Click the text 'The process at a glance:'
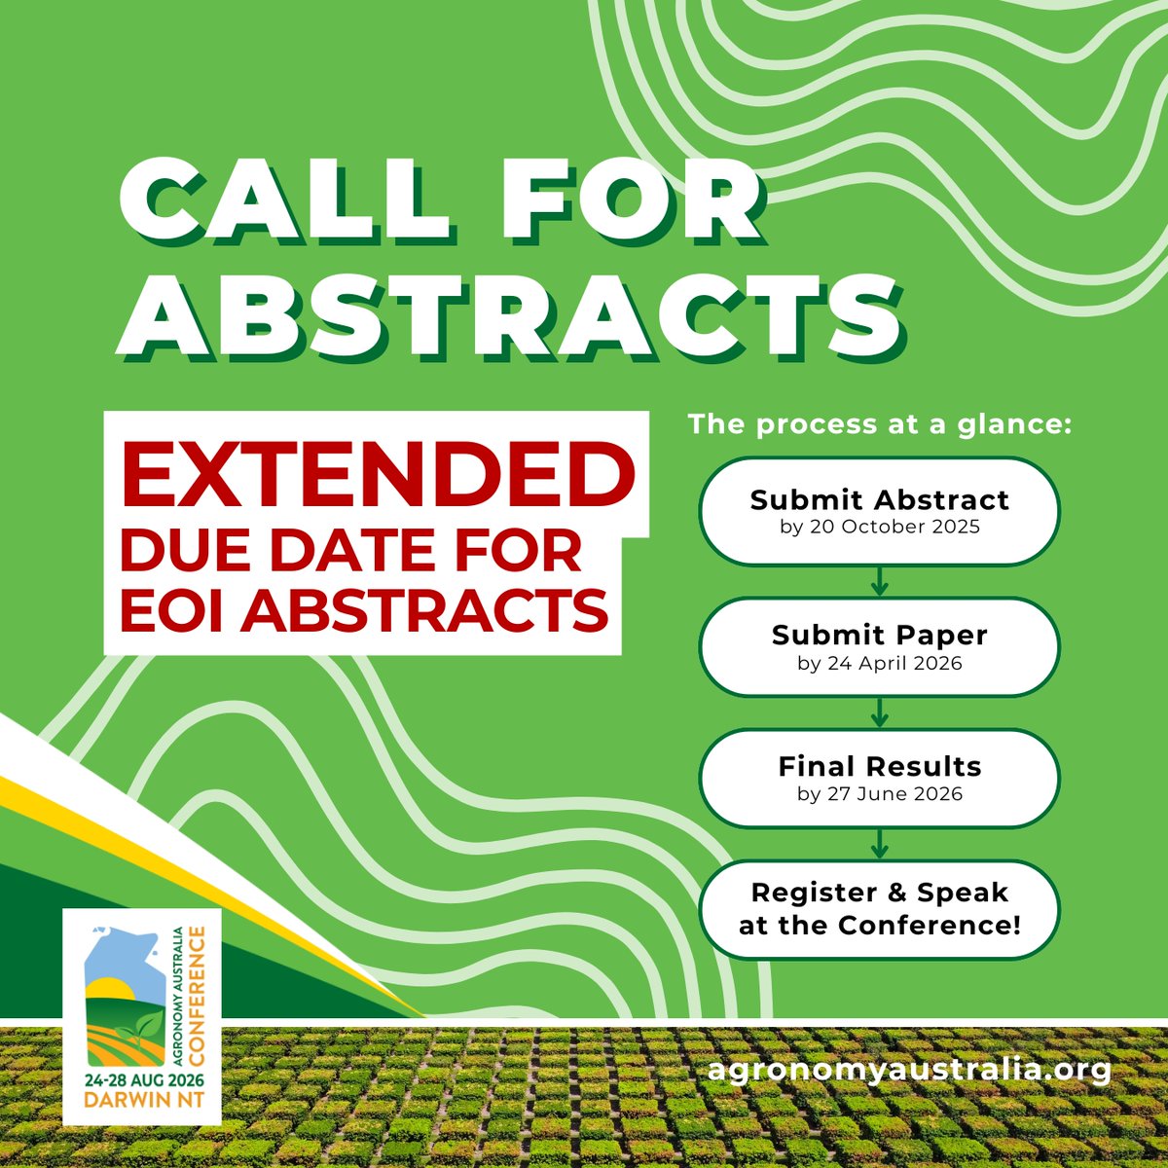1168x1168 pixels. click(x=880, y=425)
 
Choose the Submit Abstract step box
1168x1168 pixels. click(x=880, y=510)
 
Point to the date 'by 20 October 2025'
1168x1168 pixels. click(x=880, y=529)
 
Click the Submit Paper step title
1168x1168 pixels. click(x=880, y=635)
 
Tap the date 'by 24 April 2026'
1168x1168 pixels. click(x=880, y=664)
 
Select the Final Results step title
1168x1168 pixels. click(x=880, y=766)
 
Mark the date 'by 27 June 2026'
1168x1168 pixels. click(x=880, y=794)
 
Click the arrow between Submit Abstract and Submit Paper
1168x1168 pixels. click(x=880, y=581)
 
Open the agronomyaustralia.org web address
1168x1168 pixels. click(x=910, y=1070)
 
